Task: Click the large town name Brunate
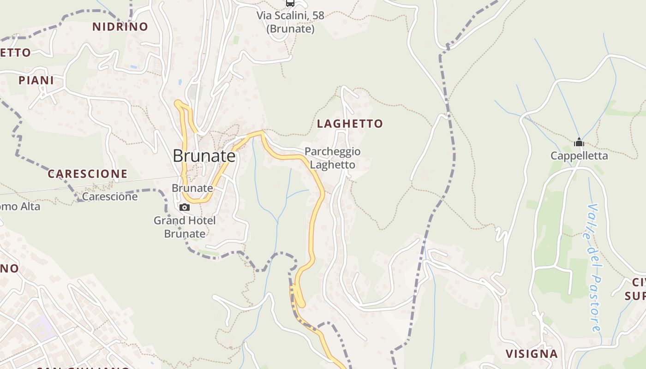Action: [x=204, y=156]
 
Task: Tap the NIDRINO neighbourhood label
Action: [x=120, y=27]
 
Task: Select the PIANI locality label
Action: [x=36, y=80]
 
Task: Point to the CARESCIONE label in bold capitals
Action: [x=87, y=174]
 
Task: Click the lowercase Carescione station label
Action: [x=110, y=197]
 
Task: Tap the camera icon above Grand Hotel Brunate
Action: [x=185, y=208]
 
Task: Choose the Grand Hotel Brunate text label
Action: [x=185, y=227]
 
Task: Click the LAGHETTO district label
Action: [x=350, y=124]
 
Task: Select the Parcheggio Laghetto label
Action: [x=332, y=158]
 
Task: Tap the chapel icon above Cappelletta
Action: [x=579, y=143]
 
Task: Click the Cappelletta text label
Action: [x=579, y=156]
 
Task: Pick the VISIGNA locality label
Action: [x=532, y=354]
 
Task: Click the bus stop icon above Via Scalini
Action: [x=290, y=3]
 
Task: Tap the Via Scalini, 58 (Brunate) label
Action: [x=291, y=22]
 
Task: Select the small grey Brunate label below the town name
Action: [x=192, y=188]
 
